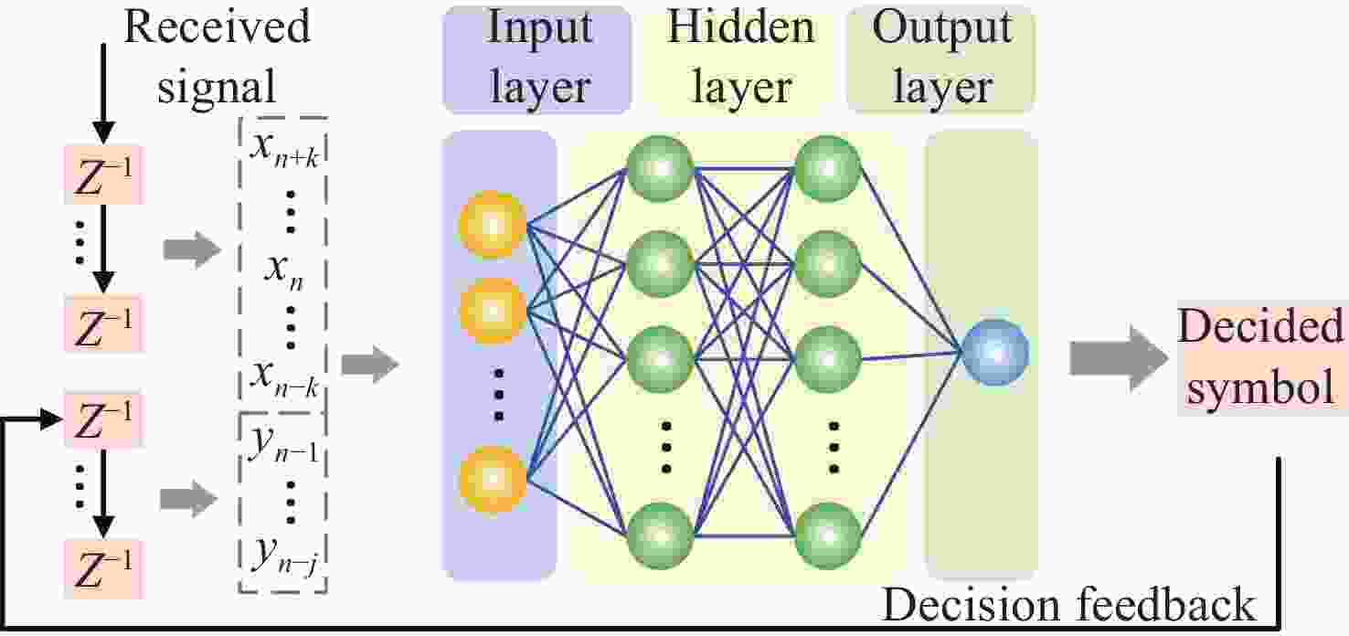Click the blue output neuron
coord(995,352)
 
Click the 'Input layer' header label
coord(537,58)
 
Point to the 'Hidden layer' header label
coord(740,58)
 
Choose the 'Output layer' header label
coord(942,58)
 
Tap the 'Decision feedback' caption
coord(1068,605)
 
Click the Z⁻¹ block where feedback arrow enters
coord(102,419)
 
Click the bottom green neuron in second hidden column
coord(828,535)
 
